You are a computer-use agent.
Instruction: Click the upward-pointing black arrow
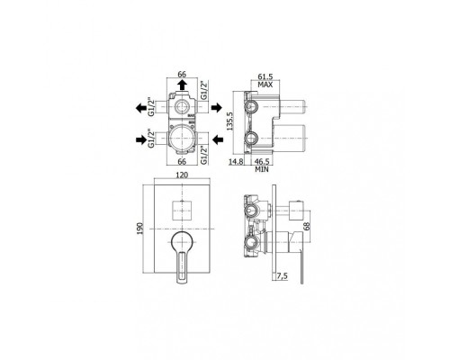click(182, 85)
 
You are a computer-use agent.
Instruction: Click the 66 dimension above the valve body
click(182, 74)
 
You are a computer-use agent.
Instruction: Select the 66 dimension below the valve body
click(182, 161)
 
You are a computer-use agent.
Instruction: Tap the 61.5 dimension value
click(265, 77)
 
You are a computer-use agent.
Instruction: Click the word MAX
click(265, 85)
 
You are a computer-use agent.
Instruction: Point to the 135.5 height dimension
click(230, 121)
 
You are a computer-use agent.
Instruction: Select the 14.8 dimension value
click(236, 162)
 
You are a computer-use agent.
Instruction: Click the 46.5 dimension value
click(262, 162)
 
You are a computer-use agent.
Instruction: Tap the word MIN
click(262, 169)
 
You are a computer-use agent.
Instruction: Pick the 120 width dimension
click(182, 175)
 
